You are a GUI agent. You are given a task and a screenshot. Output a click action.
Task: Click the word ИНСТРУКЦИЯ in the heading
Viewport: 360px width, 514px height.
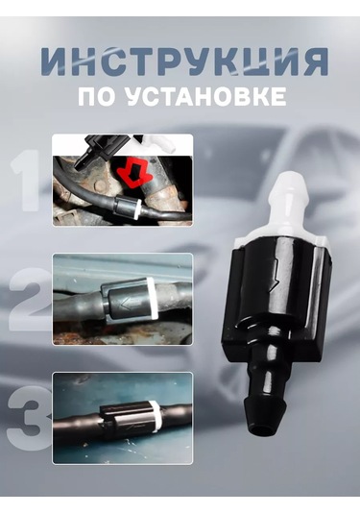pyautogui.click(x=184, y=61)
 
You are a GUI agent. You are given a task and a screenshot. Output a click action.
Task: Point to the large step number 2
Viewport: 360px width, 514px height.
pyautogui.click(x=28, y=299)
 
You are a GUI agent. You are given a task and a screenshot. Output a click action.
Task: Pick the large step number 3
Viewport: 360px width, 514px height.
pyautogui.click(x=29, y=418)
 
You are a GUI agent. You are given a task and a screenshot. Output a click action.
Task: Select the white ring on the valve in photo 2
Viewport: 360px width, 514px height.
pyautogui.click(x=151, y=298)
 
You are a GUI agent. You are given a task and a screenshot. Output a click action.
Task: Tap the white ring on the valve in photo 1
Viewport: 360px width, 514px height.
pyautogui.click(x=137, y=208)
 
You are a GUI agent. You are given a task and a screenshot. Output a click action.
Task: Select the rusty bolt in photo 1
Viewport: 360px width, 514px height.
pyautogui.click(x=100, y=186)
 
